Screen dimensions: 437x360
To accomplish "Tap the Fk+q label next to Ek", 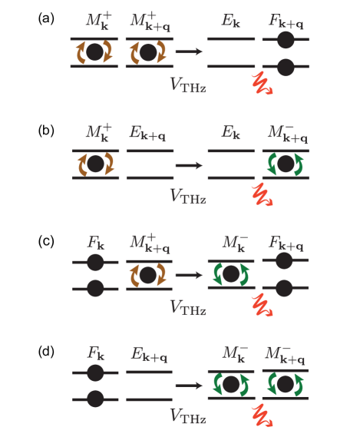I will tap(286, 22).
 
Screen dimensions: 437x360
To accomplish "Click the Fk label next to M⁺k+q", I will tap(95, 244).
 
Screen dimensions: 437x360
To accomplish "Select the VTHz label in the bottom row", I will tap(187, 416).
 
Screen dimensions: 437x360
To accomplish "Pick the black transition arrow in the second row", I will tap(189, 165).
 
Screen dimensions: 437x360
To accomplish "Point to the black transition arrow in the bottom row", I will tap(189, 385).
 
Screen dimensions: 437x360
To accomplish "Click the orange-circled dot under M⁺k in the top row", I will tap(94, 52).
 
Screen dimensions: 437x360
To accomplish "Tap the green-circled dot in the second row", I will tap(286, 164).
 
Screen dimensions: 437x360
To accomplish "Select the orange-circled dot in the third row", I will tap(149, 274).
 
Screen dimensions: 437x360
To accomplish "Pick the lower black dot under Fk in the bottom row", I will tap(95, 399).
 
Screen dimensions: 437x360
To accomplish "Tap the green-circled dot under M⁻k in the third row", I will tap(230, 274).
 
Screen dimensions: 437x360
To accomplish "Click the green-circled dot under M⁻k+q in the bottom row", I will tap(286, 384).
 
